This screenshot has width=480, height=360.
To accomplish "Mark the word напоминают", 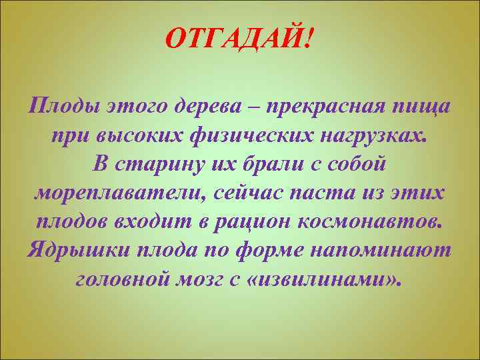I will pyautogui.click(x=389, y=250).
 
